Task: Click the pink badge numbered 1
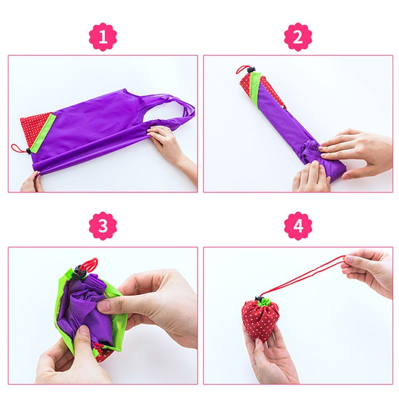tap(102, 37)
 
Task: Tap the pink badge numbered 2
tap(298, 37)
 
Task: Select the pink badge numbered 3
tap(102, 226)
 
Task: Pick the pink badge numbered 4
tap(298, 226)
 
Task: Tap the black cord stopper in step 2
tap(251, 69)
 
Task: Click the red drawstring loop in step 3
tap(89, 263)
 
